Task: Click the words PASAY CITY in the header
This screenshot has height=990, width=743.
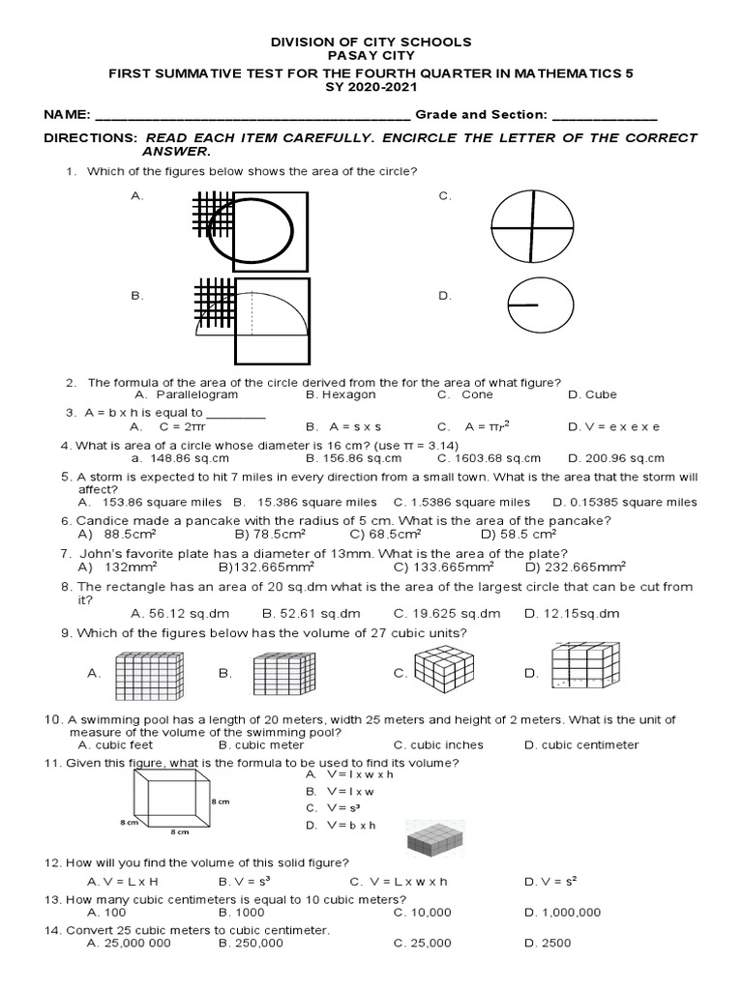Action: coord(371,57)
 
